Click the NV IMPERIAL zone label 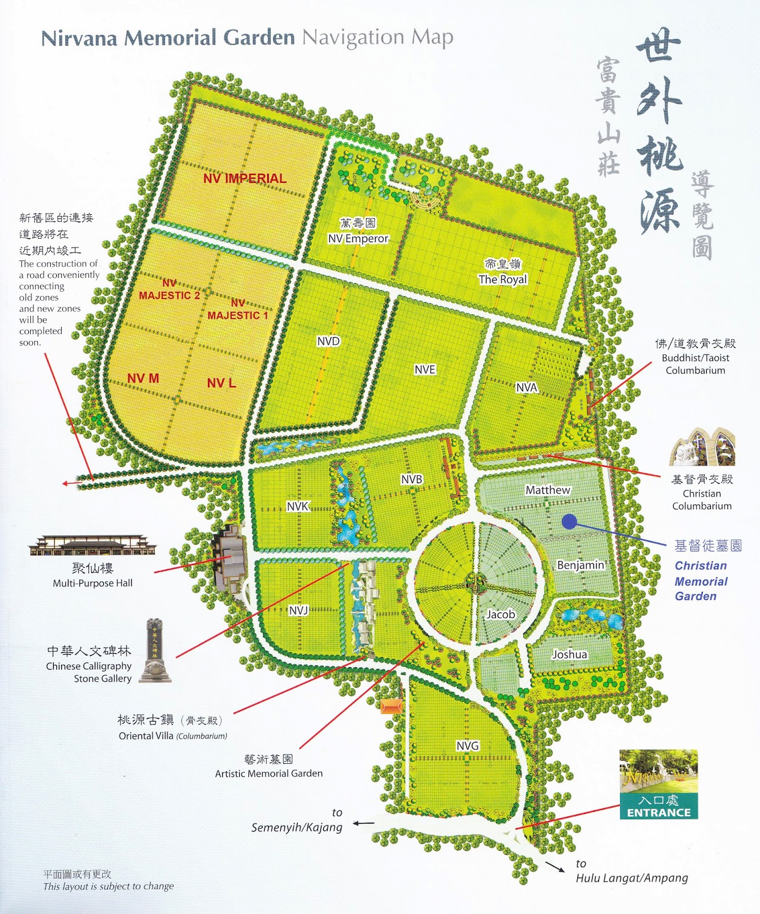coord(244,178)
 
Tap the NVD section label coord(328,341)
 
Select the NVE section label coord(425,370)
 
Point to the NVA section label coord(526,388)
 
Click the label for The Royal coord(502,279)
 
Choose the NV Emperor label coord(358,238)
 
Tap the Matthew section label coord(548,490)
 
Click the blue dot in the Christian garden coord(569,521)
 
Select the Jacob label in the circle coord(501,614)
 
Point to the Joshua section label coord(569,654)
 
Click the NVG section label coord(468,745)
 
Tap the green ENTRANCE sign coord(658,806)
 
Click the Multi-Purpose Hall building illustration coord(93,546)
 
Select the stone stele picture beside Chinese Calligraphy coord(155,651)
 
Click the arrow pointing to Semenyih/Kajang coord(363,823)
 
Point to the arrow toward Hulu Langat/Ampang coord(554,866)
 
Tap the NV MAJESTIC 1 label coord(238,309)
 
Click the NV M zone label coord(143,378)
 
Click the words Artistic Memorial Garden coord(268,773)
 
